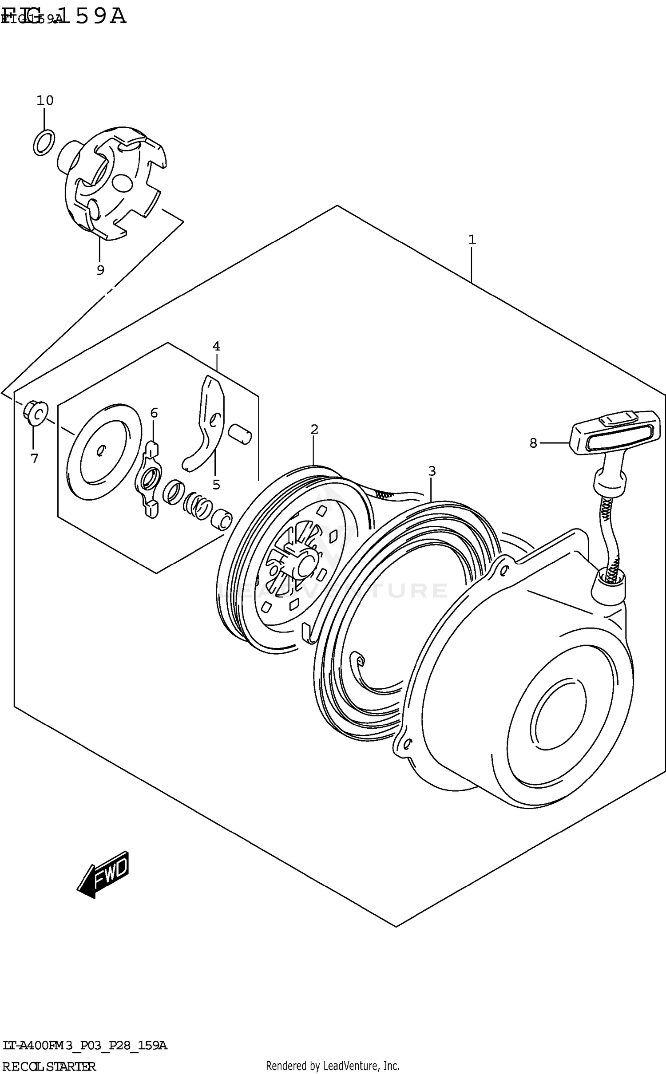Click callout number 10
click(45, 101)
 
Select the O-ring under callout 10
click(44, 142)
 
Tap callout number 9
click(100, 270)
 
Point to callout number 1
click(472, 240)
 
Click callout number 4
click(216, 346)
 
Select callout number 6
click(154, 413)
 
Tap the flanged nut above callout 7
click(36, 414)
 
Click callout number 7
click(35, 458)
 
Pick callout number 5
click(216, 485)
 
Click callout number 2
click(314, 429)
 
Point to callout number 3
click(432, 471)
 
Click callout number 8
click(533, 442)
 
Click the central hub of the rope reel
click(305, 565)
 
